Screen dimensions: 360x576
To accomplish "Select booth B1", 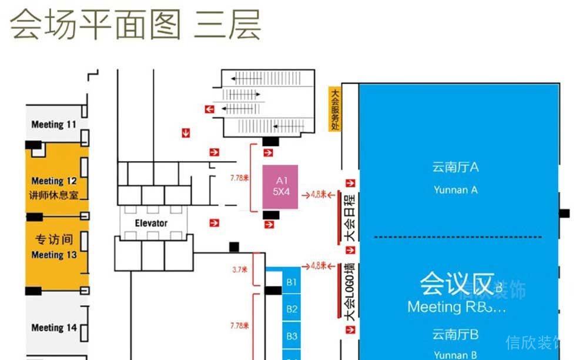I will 292,282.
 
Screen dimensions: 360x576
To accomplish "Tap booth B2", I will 292,309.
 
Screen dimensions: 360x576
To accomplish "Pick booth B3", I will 292,336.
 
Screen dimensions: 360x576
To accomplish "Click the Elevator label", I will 151,223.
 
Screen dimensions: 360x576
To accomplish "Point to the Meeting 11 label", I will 54,125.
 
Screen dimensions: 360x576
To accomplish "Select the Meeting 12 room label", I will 54,181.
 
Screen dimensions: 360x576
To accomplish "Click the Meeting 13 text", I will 54,255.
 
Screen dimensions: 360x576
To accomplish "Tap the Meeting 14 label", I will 54,328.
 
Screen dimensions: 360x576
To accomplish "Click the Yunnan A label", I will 456,190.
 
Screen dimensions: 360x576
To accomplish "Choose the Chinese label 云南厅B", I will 456,335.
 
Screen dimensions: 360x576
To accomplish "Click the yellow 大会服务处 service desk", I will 335,109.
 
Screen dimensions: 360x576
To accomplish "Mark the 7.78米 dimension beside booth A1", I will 240,176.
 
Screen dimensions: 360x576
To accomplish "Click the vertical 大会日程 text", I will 351,218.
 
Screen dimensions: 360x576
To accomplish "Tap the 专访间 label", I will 54,239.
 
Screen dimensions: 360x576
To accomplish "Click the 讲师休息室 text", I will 54,195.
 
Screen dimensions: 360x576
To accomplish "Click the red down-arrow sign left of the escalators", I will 186,133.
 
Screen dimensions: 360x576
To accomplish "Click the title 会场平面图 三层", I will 135,25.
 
